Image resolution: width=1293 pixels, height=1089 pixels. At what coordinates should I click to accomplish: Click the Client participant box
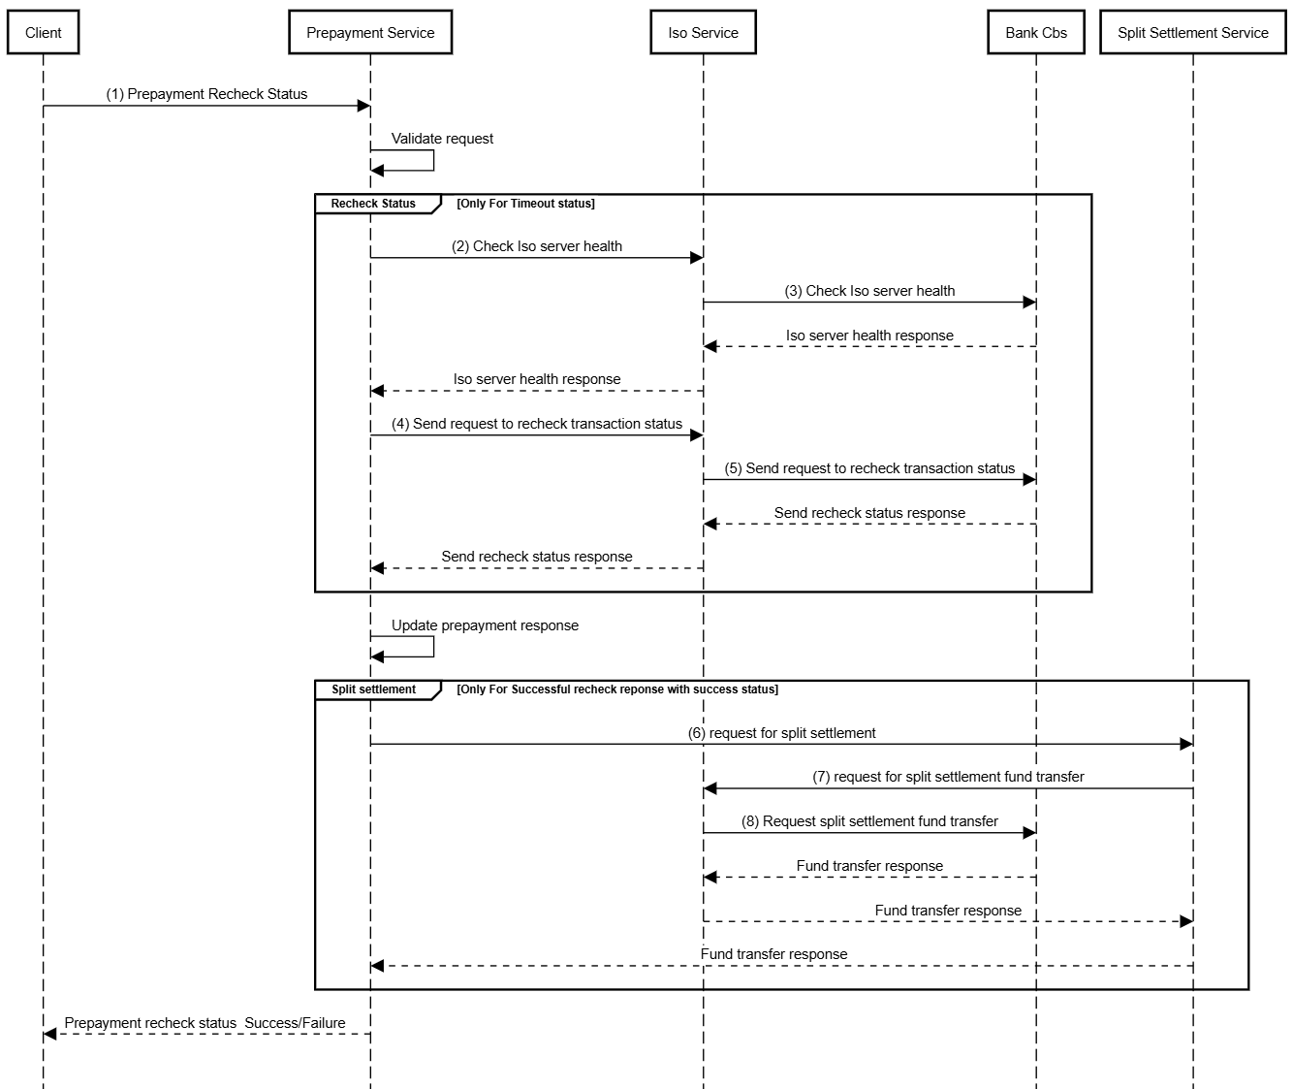coord(43,33)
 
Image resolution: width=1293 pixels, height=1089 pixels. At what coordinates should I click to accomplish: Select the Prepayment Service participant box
coord(370,33)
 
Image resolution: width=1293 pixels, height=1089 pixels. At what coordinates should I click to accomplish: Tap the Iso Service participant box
coord(703,33)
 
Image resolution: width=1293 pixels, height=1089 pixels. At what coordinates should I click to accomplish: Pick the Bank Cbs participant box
coord(1035,33)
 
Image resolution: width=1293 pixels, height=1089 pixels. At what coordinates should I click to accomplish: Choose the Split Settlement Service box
coord(1192,33)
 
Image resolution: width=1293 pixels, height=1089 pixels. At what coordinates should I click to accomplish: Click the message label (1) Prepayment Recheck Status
coord(206,94)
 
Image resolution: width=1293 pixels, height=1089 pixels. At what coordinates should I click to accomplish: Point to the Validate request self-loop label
coord(442,139)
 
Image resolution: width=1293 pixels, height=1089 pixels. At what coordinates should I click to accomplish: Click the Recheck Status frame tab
coord(373,204)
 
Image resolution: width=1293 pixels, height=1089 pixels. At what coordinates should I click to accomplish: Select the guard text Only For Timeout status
coord(525,204)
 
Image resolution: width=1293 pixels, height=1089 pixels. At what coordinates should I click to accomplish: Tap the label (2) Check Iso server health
coord(537,246)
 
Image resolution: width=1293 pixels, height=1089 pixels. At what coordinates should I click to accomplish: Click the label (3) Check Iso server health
coord(869,291)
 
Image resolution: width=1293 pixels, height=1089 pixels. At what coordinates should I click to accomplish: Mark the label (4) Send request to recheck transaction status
coord(537,424)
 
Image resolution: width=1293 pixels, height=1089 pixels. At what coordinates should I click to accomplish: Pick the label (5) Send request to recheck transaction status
coord(869,468)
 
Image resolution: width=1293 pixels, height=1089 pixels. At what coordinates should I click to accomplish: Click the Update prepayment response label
coord(485,625)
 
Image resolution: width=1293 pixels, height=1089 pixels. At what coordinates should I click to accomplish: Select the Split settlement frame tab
coord(373,689)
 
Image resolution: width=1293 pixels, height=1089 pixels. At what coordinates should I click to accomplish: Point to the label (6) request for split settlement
coord(781,733)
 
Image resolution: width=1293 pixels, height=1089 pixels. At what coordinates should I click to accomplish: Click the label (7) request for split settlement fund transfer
coord(948,777)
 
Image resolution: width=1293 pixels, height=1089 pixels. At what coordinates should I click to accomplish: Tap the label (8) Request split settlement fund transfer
coord(869,821)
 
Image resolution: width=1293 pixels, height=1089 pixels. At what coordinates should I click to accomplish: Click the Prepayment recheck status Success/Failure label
coord(205,1023)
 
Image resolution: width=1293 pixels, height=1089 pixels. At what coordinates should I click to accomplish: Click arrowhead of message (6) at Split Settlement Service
coord(1185,744)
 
